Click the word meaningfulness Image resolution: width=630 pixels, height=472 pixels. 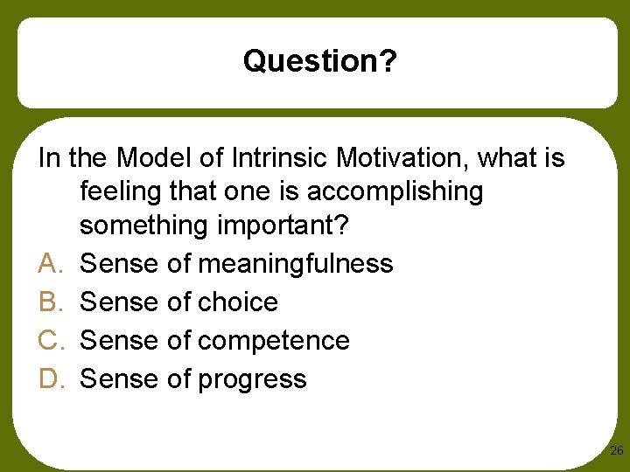[296, 263]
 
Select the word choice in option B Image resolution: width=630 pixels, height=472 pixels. [238, 302]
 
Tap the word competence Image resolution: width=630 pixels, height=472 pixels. [274, 340]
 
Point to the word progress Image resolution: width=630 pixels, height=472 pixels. [253, 379]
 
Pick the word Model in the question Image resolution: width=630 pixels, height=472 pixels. [146, 159]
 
